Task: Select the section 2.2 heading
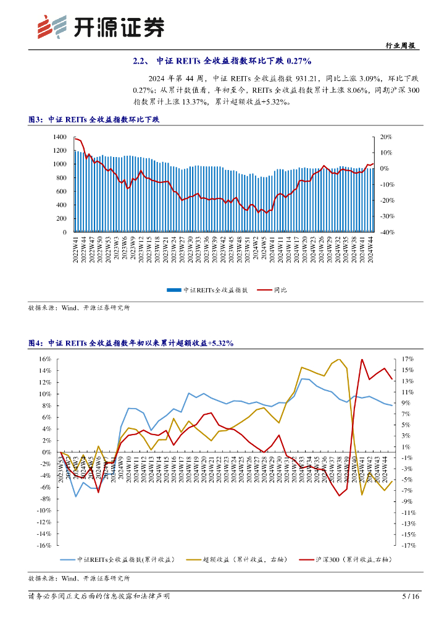(223, 61)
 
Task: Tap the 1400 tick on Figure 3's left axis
(60, 137)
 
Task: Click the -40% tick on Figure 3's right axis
(386, 232)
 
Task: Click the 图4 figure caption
(131, 342)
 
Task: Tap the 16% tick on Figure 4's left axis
(44, 359)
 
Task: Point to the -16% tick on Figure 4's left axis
(43, 546)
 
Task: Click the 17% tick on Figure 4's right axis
(407, 359)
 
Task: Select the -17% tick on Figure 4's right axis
(406, 546)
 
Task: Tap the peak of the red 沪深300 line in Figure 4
(362, 359)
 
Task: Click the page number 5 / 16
(411, 597)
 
